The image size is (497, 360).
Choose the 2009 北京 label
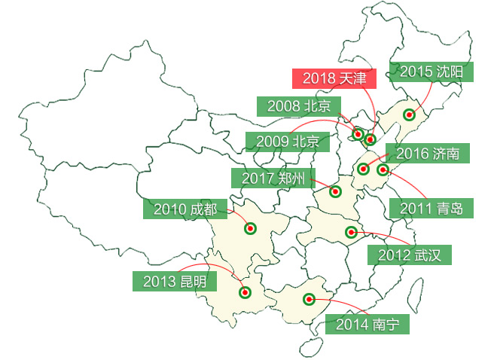click(x=287, y=141)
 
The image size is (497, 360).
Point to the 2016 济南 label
click(x=427, y=154)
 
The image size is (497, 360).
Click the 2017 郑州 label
click(x=273, y=178)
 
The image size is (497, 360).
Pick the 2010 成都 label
click(x=184, y=209)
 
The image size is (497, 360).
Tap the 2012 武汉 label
click(x=409, y=255)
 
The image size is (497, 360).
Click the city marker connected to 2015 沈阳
click(x=409, y=115)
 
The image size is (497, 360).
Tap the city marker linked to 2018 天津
click(x=370, y=139)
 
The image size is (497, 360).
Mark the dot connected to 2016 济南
click(x=364, y=169)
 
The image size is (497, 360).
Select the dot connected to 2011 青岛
click(x=383, y=170)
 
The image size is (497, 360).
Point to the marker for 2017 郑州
click(x=335, y=192)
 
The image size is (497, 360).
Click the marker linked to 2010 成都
click(x=250, y=228)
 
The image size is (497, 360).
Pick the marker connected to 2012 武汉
click(x=350, y=231)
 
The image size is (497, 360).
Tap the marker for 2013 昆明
click(x=244, y=292)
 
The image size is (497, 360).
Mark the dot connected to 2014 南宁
click(x=308, y=299)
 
